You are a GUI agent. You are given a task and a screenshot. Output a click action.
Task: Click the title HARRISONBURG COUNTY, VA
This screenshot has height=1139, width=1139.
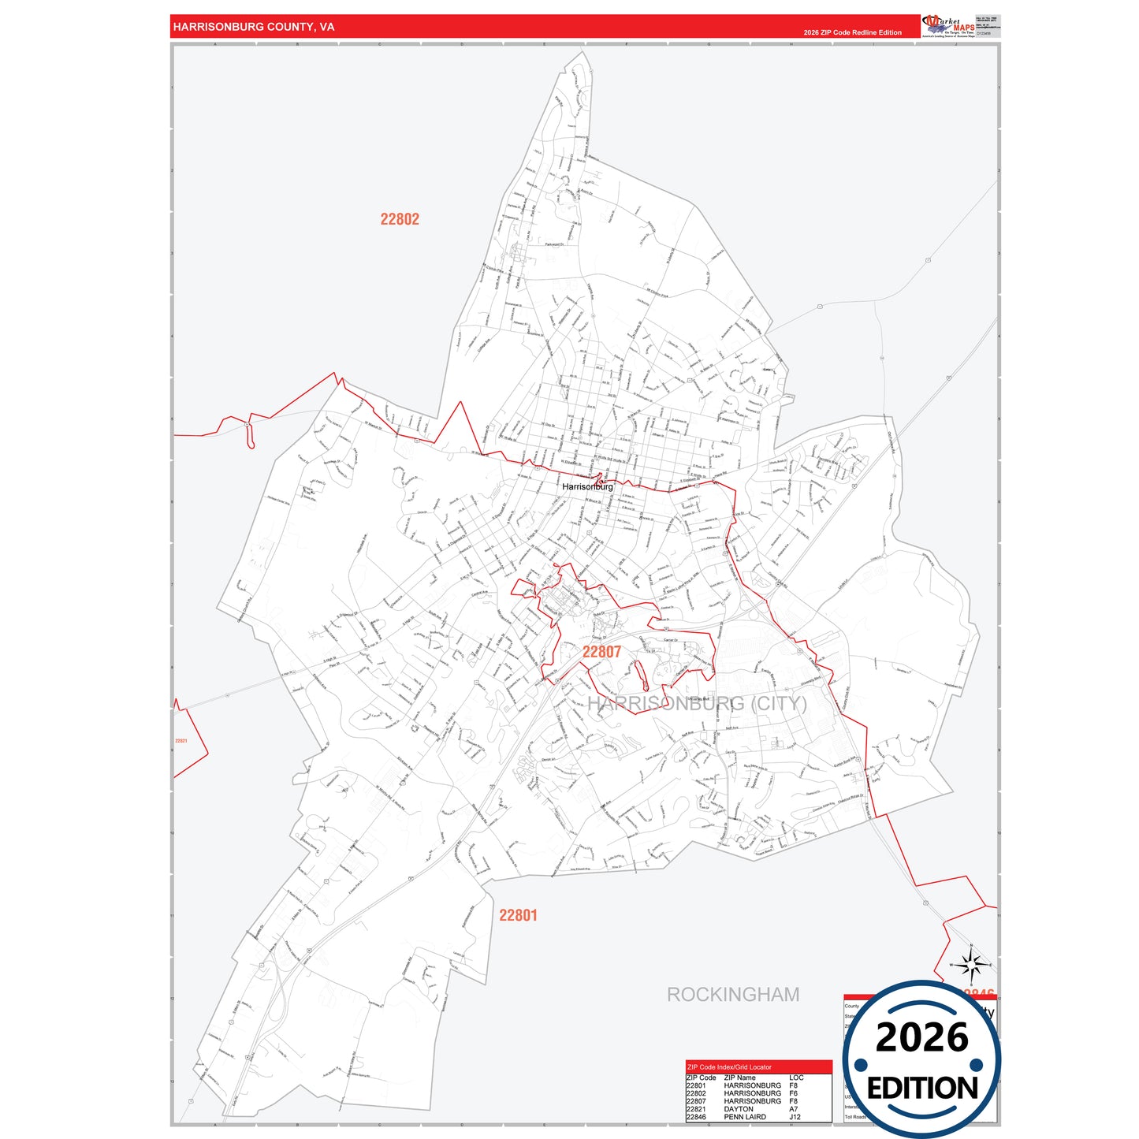(x=253, y=27)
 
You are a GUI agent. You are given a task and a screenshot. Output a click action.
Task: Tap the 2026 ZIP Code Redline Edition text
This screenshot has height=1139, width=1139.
(x=852, y=32)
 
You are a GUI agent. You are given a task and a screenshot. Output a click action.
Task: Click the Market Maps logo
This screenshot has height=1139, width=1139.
(x=947, y=26)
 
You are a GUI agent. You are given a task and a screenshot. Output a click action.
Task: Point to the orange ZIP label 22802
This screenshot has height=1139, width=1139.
(x=400, y=219)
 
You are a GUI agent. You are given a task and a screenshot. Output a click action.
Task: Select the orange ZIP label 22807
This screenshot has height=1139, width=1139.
(x=601, y=652)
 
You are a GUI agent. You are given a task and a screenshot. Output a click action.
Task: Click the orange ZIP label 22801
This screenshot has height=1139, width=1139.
(x=518, y=915)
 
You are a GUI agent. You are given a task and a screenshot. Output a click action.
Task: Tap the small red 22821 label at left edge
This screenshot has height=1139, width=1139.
(x=181, y=741)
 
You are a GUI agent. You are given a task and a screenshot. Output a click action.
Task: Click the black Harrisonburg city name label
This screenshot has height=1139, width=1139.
(x=587, y=487)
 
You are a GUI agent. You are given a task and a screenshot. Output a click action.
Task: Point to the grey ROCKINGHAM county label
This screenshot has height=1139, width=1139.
(x=733, y=995)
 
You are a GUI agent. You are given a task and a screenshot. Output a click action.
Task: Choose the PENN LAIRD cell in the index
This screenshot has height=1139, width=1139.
(x=745, y=1117)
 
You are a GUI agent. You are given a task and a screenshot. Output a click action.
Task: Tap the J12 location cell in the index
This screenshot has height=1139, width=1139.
(x=795, y=1117)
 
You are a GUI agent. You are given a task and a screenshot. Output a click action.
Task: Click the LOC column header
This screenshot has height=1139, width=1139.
(x=796, y=1078)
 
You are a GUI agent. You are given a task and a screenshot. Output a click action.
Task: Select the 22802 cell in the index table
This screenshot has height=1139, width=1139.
(x=696, y=1093)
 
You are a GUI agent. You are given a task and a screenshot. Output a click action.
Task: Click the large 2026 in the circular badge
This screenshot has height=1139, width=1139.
(x=921, y=1037)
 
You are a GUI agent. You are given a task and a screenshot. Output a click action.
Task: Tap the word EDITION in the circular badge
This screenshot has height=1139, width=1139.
(x=921, y=1089)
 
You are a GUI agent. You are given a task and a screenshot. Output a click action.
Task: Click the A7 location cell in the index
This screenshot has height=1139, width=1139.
(x=793, y=1109)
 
